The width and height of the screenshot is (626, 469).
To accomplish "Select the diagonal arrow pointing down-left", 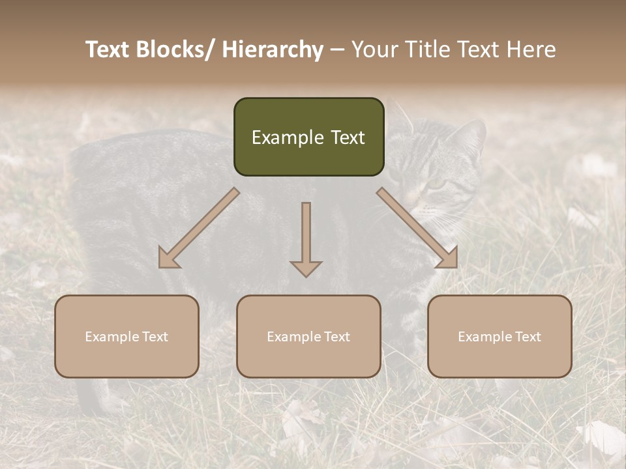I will pyautogui.click(x=199, y=228).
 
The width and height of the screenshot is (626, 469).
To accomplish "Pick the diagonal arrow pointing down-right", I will pyautogui.click(x=417, y=228).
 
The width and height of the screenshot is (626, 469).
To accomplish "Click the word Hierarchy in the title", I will pyautogui.click(x=273, y=50).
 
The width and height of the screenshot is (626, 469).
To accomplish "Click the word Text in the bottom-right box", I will pyautogui.click(x=527, y=337).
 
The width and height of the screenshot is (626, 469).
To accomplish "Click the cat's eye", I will pyautogui.click(x=436, y=184).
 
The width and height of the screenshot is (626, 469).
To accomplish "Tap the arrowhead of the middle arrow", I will pyautogui.click(x=306, y=268).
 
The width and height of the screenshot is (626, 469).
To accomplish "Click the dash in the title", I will pyautogui.click(x=337, y=50).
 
